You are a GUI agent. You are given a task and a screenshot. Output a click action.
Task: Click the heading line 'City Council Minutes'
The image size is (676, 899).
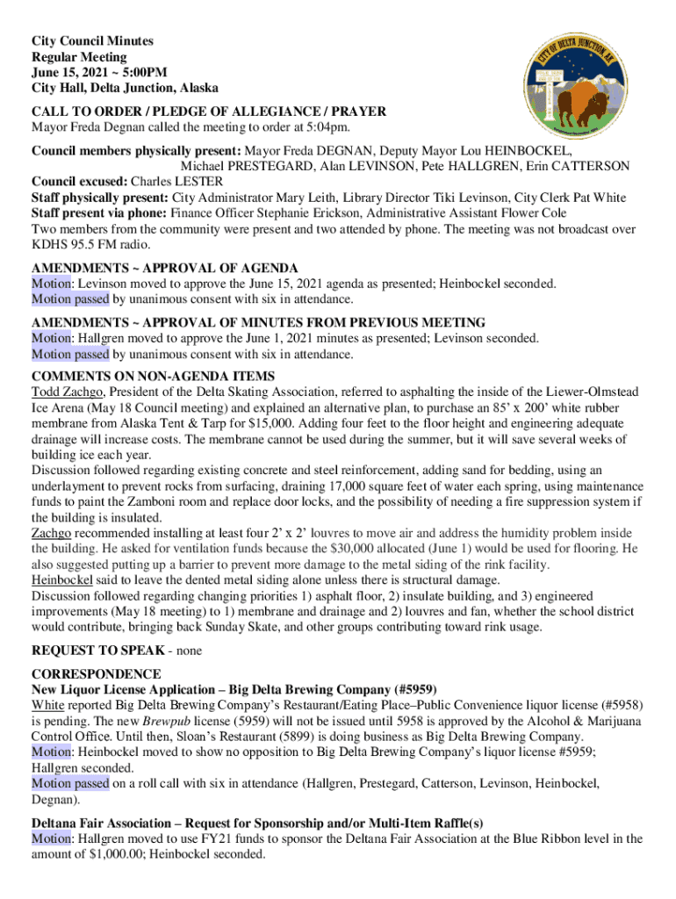coord(92,41)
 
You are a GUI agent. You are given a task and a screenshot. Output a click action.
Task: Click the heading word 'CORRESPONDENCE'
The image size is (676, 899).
coord(97,674)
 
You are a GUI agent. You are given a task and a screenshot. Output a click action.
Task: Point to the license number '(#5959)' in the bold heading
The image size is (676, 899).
coord(414,689)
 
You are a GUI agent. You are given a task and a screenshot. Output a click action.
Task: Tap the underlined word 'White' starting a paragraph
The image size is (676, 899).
coord(48,705)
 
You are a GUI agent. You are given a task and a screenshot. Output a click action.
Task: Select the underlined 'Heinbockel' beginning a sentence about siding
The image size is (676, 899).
coord(63,580)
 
